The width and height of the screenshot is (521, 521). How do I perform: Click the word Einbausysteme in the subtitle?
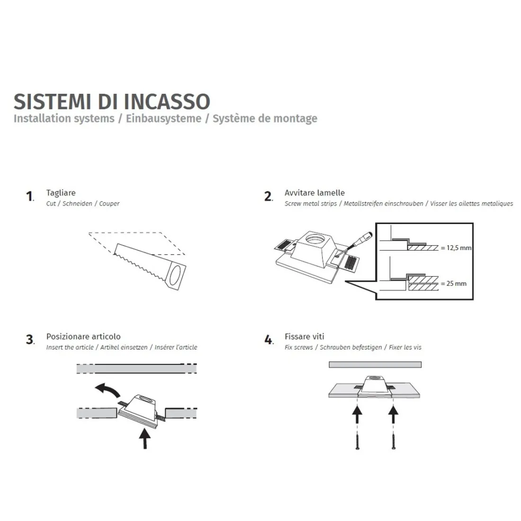pyautogui.click(x=163, y=118)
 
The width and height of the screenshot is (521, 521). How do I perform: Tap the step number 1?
pyautogui.click(x=29, y=197)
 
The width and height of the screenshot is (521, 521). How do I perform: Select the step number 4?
pyautogui.click(x=269, y=340)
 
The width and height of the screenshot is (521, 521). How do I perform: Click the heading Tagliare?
pyautogui.click(x=61, y=193)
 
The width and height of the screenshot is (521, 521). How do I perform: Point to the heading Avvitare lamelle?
pyautogui.click(x=314, y=193)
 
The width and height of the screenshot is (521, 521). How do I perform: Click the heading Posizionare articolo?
pyautogui.click(x=83, y=336)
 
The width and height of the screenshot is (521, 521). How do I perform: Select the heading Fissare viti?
pyautogui.click(x=304, y=336)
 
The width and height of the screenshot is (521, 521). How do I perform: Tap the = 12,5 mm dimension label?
pyautogui.click(x=456, y=248)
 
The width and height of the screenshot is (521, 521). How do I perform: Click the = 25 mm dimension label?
pyautogui.click(x=453, y=283)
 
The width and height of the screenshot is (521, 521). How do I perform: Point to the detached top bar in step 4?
pyautogui.click(x=375, y=365)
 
